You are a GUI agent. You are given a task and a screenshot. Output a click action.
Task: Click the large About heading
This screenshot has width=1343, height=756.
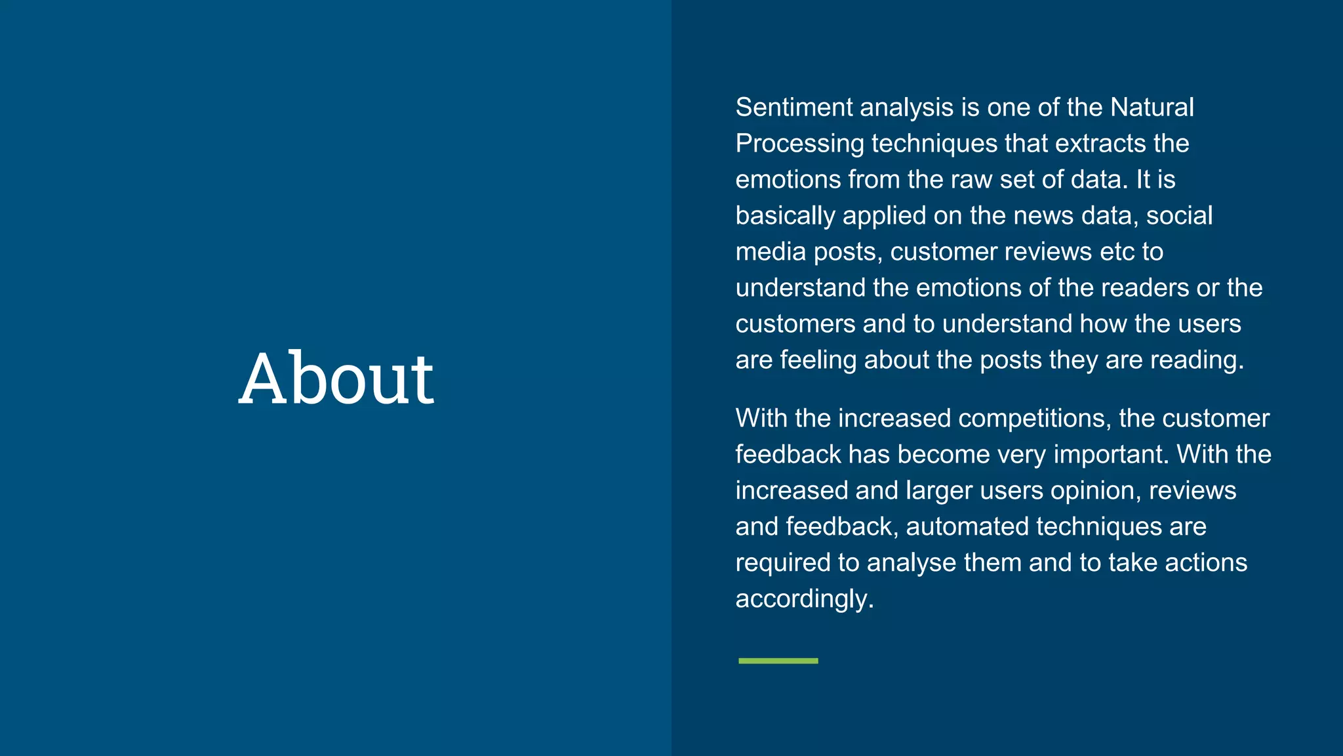click(x=336, y=379)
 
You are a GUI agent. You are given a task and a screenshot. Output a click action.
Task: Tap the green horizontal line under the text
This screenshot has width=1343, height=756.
click(x=778, y=661)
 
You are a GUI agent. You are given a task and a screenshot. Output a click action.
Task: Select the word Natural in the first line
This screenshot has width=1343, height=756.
click(x=1152, y=108)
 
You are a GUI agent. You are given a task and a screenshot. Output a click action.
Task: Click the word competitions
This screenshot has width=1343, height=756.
click(x=1034, y=419)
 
